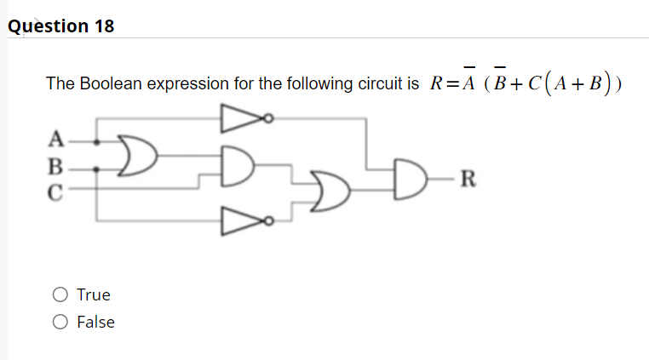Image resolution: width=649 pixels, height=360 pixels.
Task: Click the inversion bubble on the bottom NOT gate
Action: coord(267,221)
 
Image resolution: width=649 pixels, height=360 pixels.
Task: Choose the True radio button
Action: coord(60,295)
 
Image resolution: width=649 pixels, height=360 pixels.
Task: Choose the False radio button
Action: coord(60,323)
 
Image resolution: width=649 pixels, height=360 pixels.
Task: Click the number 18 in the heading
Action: coord(103,26)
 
